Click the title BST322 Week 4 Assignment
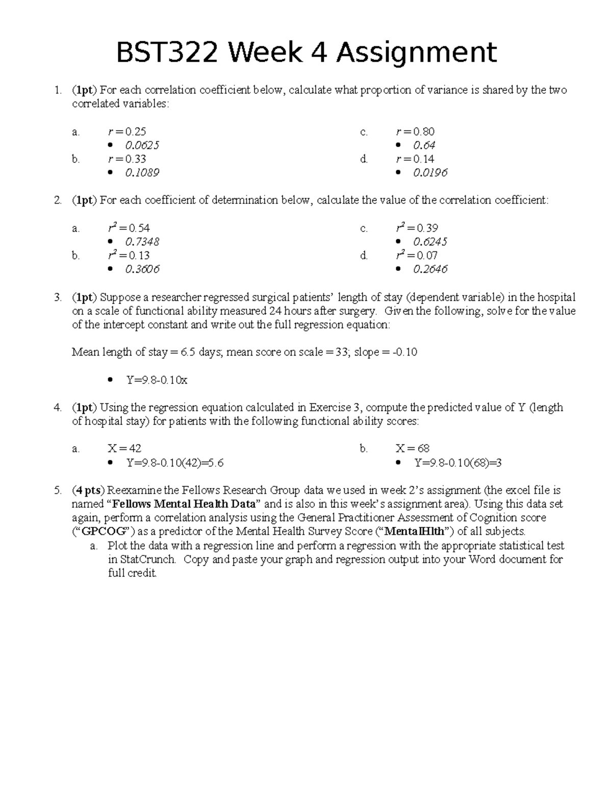[x=306, y=53]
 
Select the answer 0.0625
[x=142, y=145]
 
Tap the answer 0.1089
[x=142, y=173]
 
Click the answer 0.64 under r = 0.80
[x=424, y=145]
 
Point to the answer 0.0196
[x=430, y=173]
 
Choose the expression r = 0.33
[x=127, y=159]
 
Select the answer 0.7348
[x=142, y=242]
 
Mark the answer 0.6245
[x=430, y=242]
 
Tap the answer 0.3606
[x=142, y=269]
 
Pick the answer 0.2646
[x=430, y=269]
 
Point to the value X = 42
[x=124, y=448]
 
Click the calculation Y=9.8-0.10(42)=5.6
[x=174, y=463]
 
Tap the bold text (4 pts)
[x=88, y=491]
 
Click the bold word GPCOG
[x=104, y=531]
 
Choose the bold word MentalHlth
[x=414, y=531]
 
